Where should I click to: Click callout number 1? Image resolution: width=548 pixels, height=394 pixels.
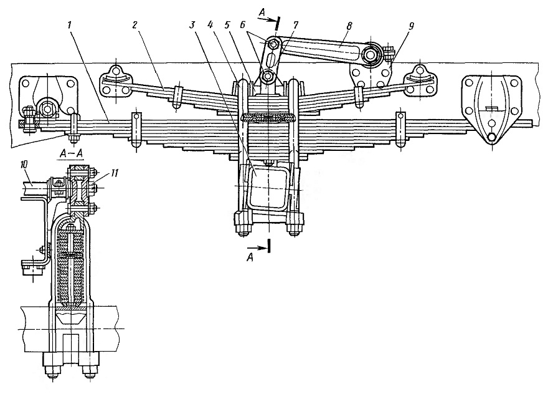click(70, 25)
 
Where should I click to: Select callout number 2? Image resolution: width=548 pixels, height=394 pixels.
click(135, 25)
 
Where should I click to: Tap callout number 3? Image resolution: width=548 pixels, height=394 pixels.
click(192, 25)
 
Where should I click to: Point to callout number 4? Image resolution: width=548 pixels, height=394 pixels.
click(210, 25)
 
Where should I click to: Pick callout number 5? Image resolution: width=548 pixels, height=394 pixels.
click(227, 25)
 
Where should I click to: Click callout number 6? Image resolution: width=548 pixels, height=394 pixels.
click(243, 25)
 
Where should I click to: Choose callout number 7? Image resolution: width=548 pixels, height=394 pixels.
click(296, 25)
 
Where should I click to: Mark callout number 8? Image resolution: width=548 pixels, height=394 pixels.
click(349, 25)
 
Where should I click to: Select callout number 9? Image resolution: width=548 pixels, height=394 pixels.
click(412, 25)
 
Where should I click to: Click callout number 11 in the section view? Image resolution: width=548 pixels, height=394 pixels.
click(115, 173)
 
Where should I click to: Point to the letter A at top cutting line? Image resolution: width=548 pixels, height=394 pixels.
click(262, 12)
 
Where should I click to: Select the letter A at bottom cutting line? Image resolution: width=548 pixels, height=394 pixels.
click(250, 258)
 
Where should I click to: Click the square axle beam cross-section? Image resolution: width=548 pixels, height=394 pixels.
click(268, 188)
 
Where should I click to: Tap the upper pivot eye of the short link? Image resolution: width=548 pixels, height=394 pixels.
click(273, 44)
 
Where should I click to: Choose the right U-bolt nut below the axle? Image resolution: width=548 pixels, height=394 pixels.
click(295, 229)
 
